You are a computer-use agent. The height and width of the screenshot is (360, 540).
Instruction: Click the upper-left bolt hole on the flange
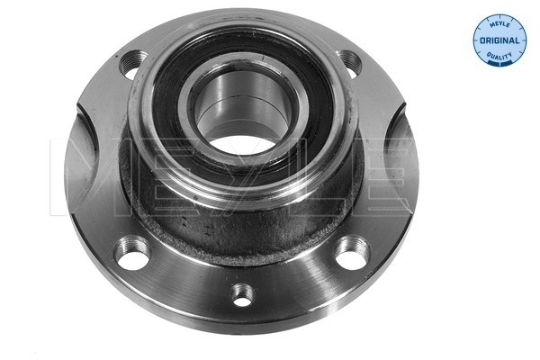[132, 64]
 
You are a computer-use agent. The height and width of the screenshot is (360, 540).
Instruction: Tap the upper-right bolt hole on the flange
[349, 63]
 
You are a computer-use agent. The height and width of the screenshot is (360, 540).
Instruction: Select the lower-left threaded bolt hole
[133, 253]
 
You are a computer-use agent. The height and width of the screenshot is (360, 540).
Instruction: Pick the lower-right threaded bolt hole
[353, 253]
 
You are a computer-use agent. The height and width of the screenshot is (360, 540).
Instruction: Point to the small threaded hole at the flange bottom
[243, 295]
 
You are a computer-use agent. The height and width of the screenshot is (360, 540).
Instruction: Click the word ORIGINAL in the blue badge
[499, 40]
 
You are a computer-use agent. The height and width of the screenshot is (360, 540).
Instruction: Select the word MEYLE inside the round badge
[499, 23]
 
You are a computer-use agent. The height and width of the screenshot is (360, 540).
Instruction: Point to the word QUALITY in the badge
[499, 56]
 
